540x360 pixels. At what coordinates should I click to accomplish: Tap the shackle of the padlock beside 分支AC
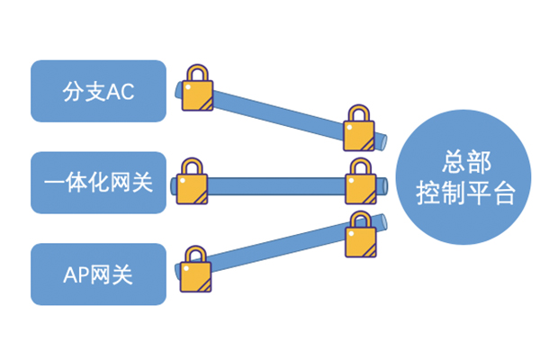pyautogui.click(x=197, y=75)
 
